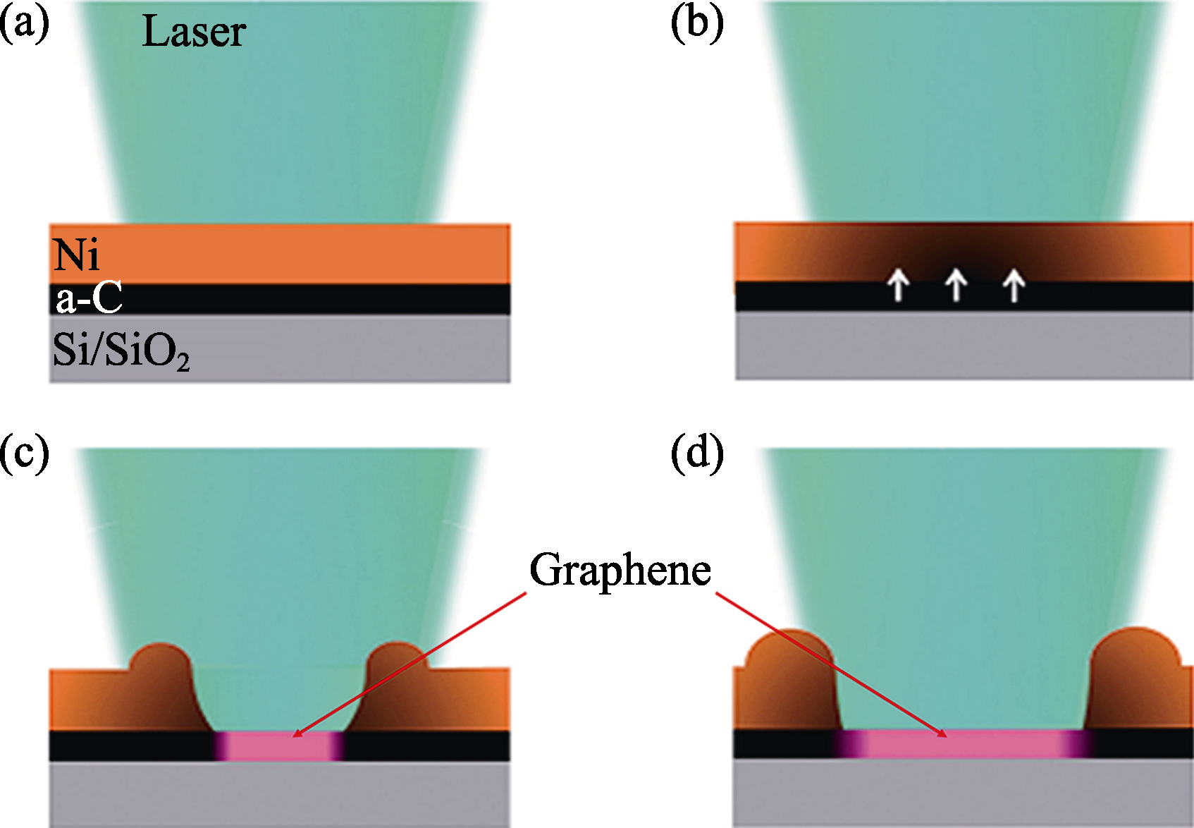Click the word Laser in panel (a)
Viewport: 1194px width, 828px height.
pos(194,32)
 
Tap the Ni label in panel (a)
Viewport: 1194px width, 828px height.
pos(76,255)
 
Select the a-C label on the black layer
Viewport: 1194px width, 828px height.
pos(90,298)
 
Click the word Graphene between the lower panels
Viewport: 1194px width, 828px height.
pos(620,570)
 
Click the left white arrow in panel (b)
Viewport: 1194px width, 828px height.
pos(898,285)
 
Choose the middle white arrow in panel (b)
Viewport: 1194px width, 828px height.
pos(956,285)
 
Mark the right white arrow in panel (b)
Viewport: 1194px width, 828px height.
pos(1014,285)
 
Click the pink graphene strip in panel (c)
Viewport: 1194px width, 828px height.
pos(279,746)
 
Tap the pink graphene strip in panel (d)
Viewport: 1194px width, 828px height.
pos(963,743)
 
